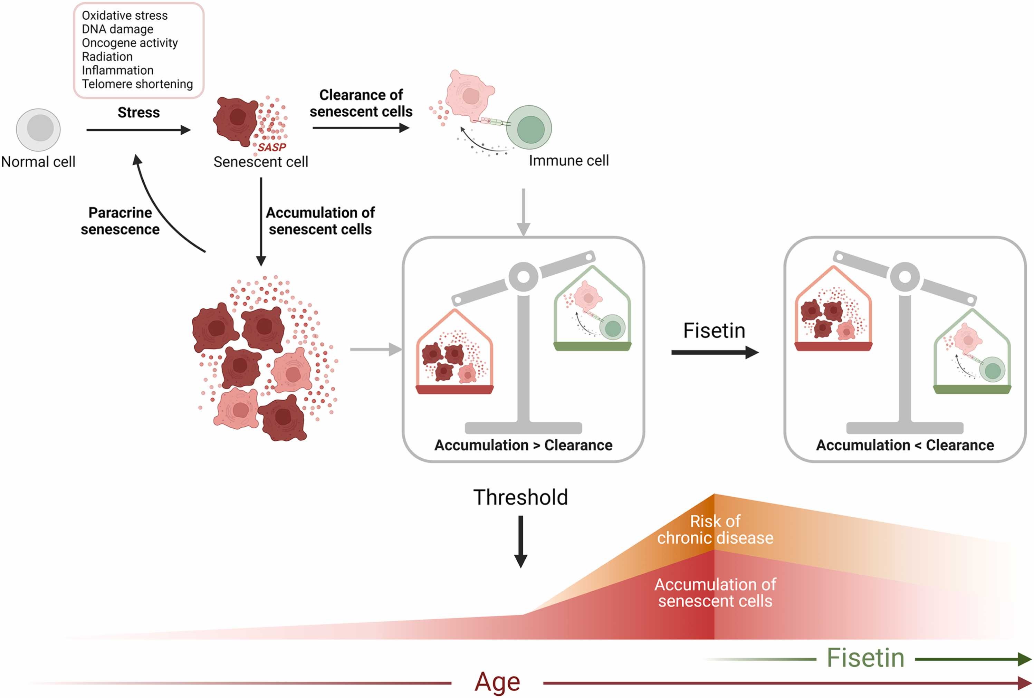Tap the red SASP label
272,147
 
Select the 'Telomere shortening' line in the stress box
137,84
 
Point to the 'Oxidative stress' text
125,16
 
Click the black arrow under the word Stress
138,130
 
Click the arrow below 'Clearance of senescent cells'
361,128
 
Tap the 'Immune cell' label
568,161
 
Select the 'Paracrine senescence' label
120,221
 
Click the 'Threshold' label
520,497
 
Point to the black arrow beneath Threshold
520,542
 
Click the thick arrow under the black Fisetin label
715,353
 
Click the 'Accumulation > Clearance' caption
523,445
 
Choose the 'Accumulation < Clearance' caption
905,445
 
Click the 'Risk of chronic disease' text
715,529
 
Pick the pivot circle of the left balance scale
524,277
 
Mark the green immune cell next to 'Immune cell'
529,128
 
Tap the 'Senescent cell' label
261,162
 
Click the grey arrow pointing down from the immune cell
524,212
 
